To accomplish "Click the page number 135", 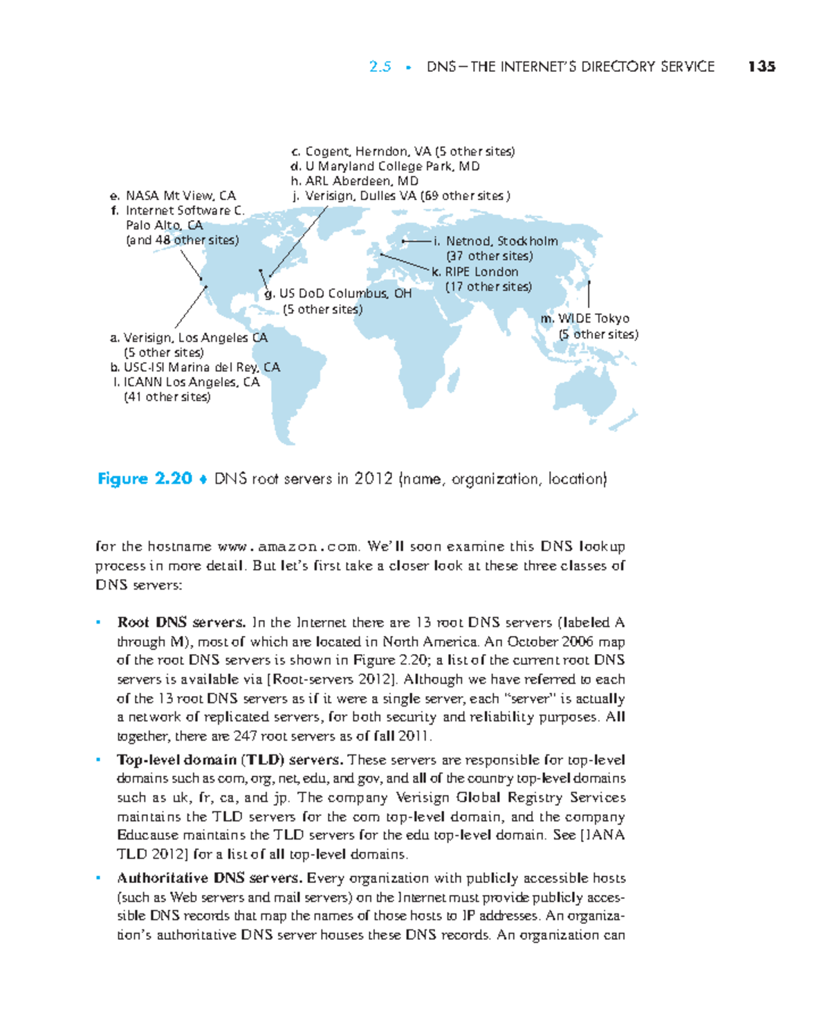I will click(x=762, y=66).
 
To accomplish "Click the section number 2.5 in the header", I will click(x=380, y=66).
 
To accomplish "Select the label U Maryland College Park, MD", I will click(x=385, y=166).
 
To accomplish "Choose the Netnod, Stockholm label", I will click(x=495, y=242).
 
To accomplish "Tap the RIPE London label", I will click(x=475, y=272).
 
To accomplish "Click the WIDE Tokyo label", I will click(x=585, y=318).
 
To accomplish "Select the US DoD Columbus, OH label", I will click(x=338, y=293).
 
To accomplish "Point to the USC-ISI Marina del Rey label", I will click(x=195, y=367).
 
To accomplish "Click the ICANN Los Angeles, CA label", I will click(x=185, y=382).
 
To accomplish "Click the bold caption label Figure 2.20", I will click(x=145, y=479).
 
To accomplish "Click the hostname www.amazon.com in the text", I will click(x=288, y=547).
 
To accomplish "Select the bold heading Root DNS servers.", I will click(x=181, y=622).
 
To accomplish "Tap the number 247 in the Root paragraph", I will click(x=246, y=736).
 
